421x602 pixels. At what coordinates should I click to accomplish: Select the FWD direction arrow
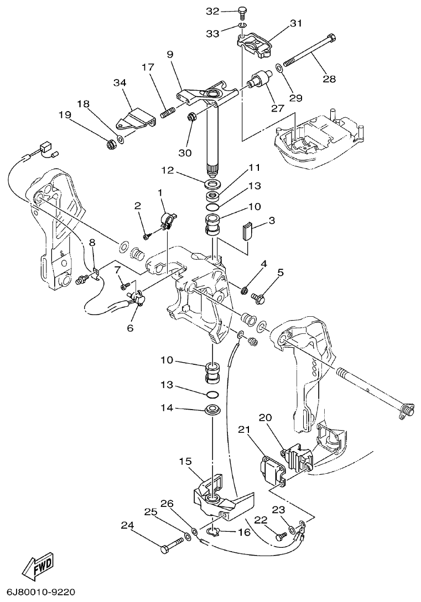[x=38, y=567]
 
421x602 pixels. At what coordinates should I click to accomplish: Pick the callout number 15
[x=185, y=460]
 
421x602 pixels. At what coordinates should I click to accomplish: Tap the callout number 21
[x=245, y=430]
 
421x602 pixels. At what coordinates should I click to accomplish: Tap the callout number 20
[x=266, y=418]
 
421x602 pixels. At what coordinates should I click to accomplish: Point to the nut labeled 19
[x=110, y=145]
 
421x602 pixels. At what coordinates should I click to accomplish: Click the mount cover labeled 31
[x=256, y=44]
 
